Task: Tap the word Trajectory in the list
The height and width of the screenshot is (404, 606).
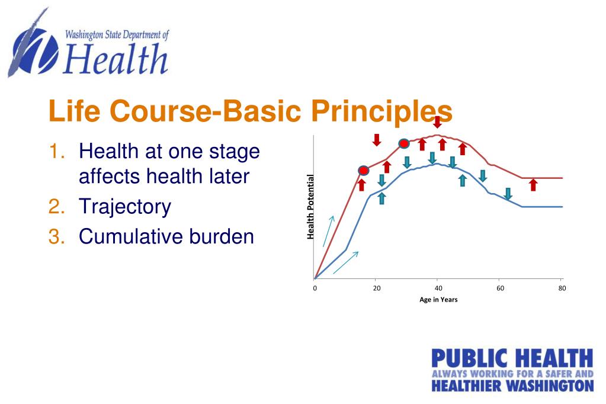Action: click(125, 207)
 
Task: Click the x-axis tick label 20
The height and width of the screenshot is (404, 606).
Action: click(377, 288)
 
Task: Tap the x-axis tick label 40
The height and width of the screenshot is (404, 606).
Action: click(438, 288)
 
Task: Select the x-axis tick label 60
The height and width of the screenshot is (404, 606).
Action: click(501, 288)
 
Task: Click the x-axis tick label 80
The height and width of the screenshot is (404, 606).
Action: click(562, 288)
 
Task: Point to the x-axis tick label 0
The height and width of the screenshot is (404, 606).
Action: click(315, 288)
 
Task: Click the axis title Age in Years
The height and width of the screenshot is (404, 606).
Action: click(438, 300)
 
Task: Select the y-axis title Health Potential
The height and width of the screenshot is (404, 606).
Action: click(310, 207)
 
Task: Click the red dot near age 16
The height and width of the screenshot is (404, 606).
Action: click(364, 171)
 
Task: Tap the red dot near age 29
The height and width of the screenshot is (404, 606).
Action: click(403, 143)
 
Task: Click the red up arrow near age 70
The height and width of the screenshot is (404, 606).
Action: click(533, 185)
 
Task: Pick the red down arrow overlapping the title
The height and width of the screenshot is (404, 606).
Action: click(437, 122)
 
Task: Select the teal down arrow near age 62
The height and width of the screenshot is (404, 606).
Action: click(508, 193)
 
